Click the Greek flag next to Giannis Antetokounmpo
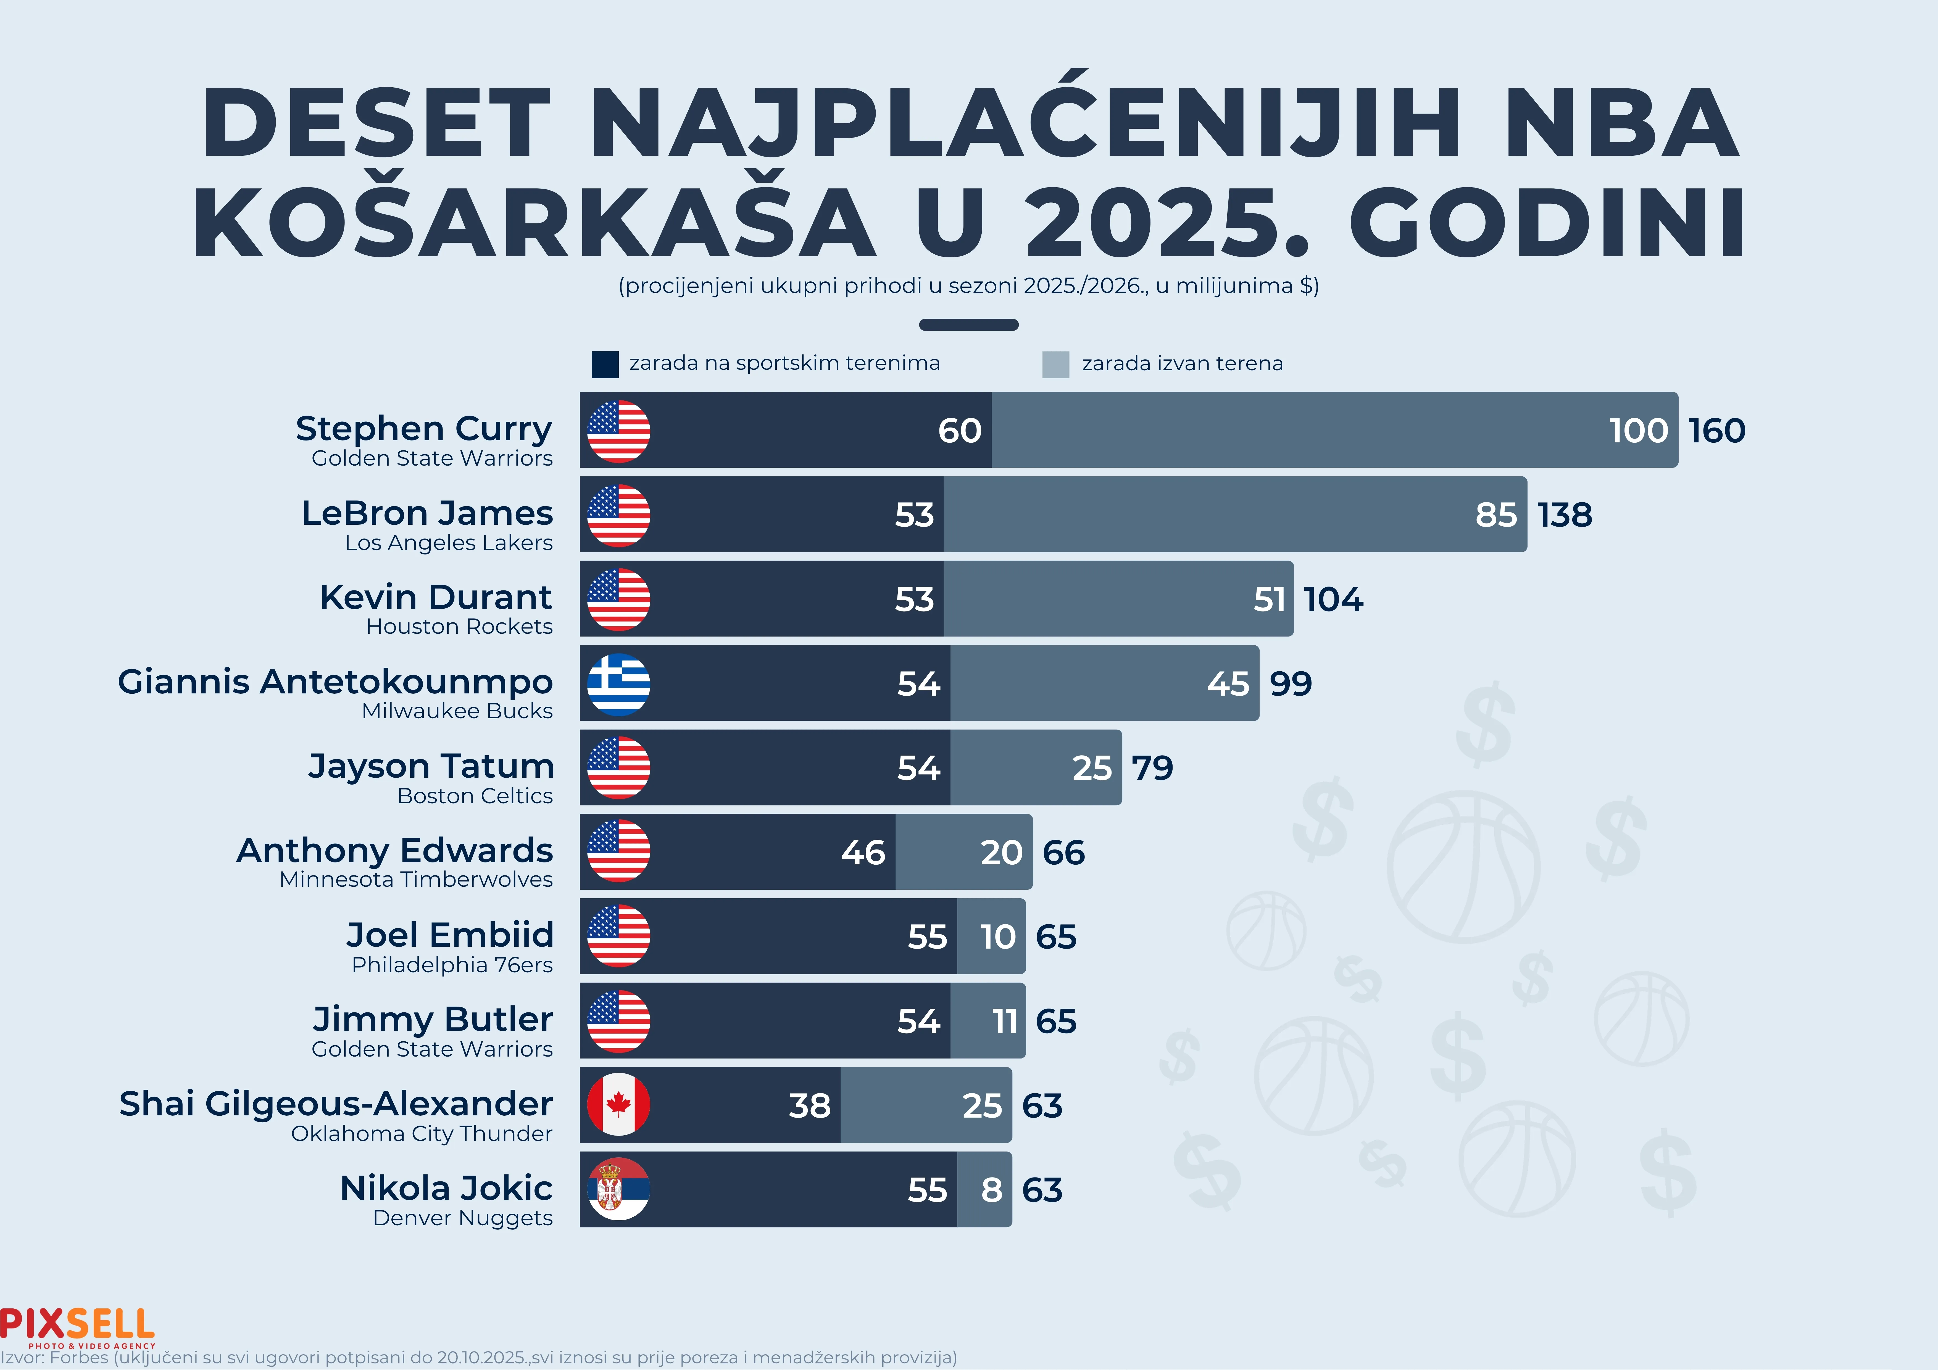tap(619, 684)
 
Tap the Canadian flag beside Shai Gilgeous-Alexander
tap(619, 1105)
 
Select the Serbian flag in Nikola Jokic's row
tap(619, 1189)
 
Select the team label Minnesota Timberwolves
tap(416, 880)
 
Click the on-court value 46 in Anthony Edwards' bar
tap(863, 852)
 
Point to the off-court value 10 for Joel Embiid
tap(998, 937)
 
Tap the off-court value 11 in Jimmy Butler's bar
tap(1004, 1021)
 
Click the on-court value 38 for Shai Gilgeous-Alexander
tap(809, 1106)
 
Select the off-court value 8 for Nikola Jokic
tap(992, 1190)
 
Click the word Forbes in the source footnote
tap(79, 1358)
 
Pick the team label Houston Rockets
tap(459, 626)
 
